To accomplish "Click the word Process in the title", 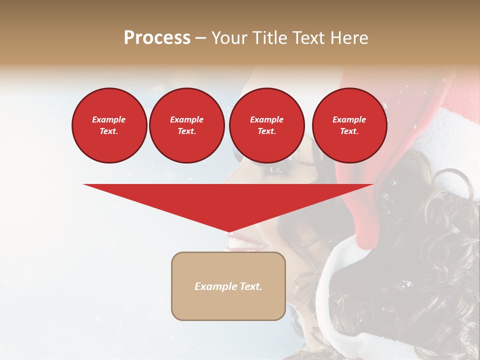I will coord(157,38).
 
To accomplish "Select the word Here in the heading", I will coord(349,38).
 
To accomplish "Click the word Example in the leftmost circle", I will coord(109,119).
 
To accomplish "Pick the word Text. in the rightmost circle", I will coord(349,131).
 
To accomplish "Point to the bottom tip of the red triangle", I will coord(228,232).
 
